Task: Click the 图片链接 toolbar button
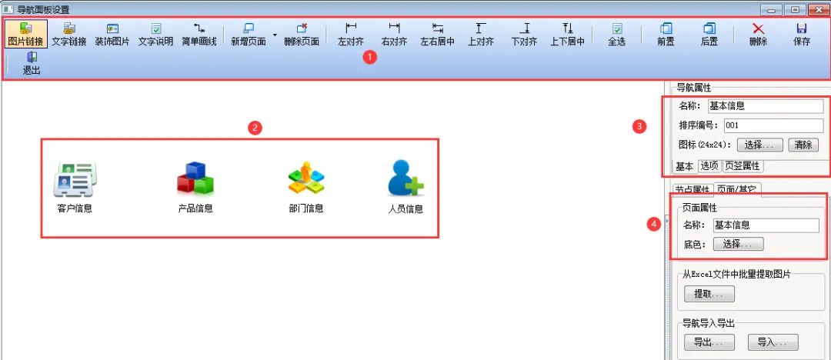[26, 34]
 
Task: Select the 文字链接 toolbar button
[69, 34]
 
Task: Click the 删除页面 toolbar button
[301, 34]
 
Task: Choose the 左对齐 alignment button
[351, 34]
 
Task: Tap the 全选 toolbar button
[616, 34]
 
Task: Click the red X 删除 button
[758, 34]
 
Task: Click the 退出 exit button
[32, 62]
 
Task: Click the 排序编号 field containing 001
[773, 125]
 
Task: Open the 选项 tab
[709, 165]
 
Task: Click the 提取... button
[709, 294]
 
